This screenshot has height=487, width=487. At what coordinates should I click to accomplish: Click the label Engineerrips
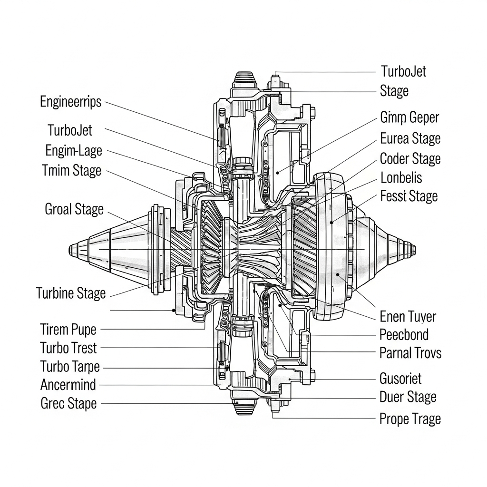(x=70, y=102)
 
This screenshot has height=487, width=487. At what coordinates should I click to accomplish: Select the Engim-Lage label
(x=74, y=151)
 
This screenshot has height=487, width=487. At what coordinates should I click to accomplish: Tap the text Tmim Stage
(x=71, y=170)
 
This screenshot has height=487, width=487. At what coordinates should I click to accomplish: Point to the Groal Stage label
(x=74, y=209)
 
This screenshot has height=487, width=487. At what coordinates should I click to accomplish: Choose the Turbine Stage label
(x=71, y=293)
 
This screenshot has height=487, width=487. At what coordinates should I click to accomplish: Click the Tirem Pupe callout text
(x=68, y=329)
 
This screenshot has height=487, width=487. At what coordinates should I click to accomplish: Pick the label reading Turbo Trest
(x=68, y=348)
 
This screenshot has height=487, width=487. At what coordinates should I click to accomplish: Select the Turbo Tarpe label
(x=70, y=367)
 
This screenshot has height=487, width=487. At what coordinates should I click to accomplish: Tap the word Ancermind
(x=68, y=384)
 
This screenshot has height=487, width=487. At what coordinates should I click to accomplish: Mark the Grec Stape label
(x=68, y=403)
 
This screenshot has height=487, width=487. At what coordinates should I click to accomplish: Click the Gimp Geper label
(x=409, y=117)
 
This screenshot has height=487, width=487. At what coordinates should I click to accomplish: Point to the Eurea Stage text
(x=410, y=139)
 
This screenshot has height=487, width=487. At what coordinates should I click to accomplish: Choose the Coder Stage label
(x=410, y=158)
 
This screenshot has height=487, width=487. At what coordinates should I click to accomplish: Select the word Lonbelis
(x=401, y=178)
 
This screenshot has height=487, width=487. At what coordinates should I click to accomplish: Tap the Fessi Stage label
(x=409, y=196)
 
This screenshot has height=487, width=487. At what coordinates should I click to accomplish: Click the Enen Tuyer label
(x=408, y=317)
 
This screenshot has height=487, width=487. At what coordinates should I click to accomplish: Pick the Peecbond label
(x=404, y=335)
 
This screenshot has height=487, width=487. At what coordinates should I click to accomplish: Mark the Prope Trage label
(x=410, y=419)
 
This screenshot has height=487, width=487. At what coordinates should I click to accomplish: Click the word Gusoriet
(x=400, y=379)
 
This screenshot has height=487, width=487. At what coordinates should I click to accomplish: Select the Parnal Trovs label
(x=410, y=353)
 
